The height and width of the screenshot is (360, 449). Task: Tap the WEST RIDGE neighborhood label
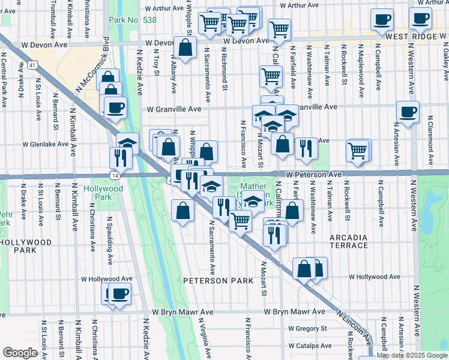[416, 37]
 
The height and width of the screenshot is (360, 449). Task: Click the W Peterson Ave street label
[313, 174]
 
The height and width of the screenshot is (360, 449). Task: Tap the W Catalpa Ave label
[311, 346]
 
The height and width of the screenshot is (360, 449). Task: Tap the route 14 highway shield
[113, 175]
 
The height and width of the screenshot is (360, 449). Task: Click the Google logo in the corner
[20, 353]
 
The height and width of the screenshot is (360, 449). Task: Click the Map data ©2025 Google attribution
[412, 355]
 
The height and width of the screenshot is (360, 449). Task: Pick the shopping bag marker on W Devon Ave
[185, 47]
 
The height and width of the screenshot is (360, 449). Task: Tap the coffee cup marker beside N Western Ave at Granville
[408, 111]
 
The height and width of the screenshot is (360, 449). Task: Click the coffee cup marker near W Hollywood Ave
[120, 293]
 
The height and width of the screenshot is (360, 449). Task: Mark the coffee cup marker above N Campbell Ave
[382, 19]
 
